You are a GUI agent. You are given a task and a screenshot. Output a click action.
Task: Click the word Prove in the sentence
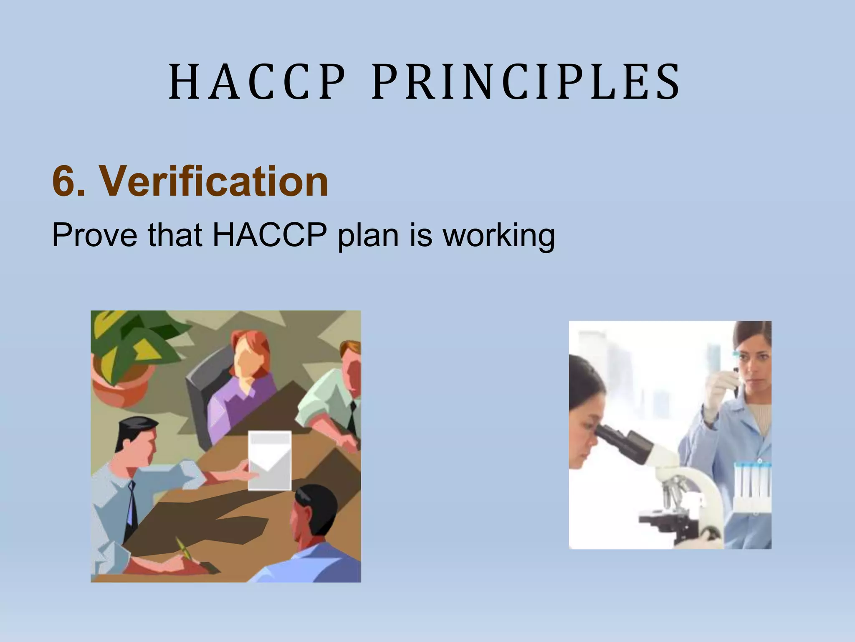tap(94, 235)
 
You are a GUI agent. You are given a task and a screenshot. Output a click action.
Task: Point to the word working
tap(498, 236)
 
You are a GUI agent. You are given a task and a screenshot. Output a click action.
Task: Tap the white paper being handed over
tap(269, 460)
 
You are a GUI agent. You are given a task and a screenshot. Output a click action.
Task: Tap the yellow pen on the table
tap(184, 549)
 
